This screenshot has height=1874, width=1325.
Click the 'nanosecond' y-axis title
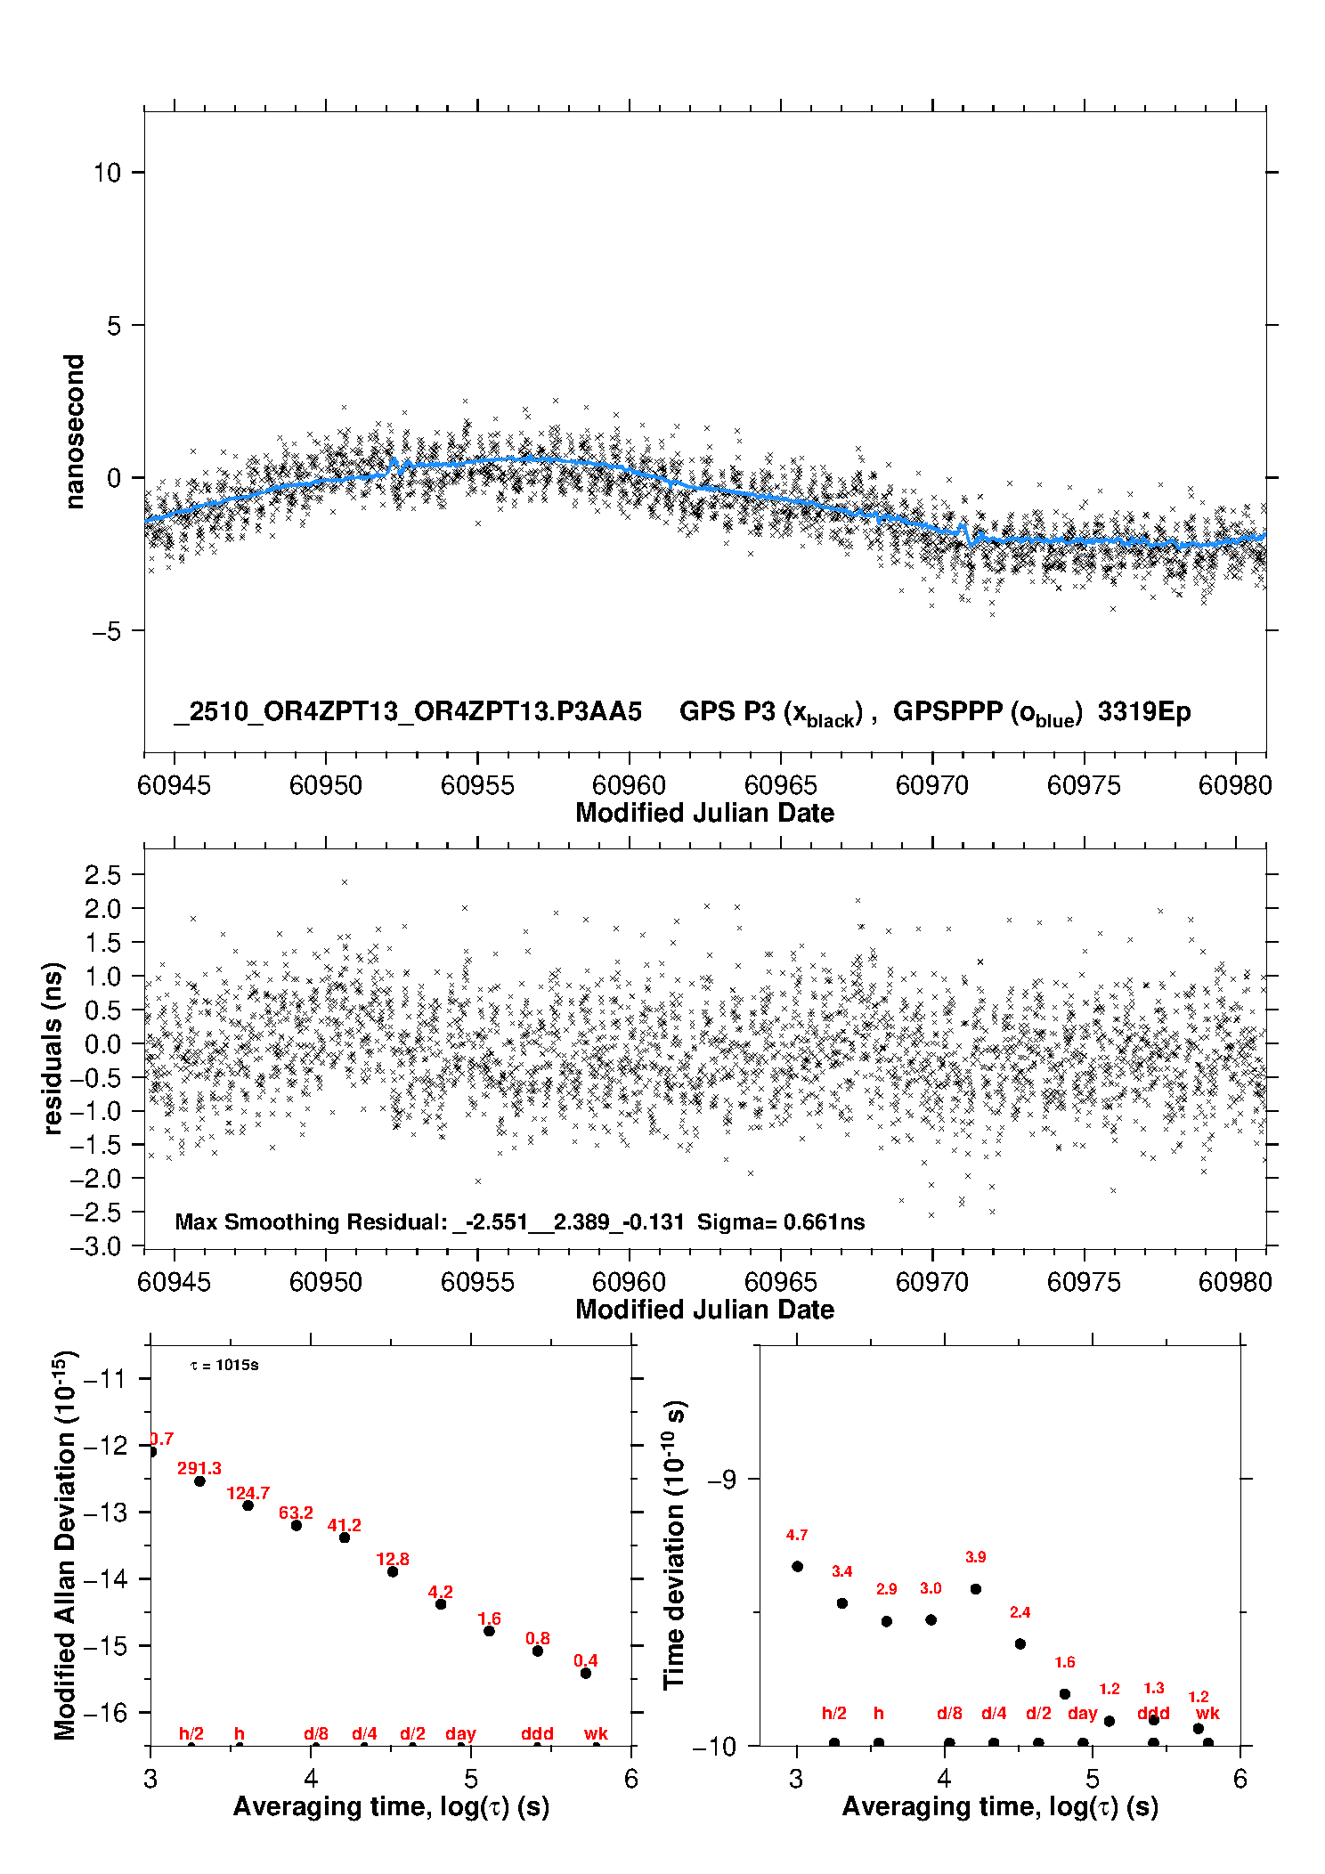tap(75, 432)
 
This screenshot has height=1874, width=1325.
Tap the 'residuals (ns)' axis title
tap(53, 1048)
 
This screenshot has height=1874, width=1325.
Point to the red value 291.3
tap(199, 1468)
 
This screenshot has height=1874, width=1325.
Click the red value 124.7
tap(248, 1493)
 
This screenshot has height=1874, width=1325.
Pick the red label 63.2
tap(296, 1513)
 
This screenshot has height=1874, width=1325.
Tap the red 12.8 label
tap(393, 1559)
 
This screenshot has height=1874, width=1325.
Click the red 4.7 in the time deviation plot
tap(797, 1535)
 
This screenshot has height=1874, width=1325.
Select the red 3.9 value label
tap(975, 1557)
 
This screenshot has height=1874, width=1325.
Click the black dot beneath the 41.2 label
tap(345, 1537)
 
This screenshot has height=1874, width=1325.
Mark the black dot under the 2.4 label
tap(1020, 1643)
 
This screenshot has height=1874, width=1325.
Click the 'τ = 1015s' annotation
tap(224, 1366)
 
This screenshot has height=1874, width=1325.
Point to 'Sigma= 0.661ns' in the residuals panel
tap(781, 1222)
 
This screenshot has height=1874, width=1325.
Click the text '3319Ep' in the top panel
tap(1144, 712)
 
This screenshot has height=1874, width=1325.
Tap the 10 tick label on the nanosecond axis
tap(108, 173)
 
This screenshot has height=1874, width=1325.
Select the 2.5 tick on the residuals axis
tap(103, 875)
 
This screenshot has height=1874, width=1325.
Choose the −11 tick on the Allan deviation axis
tap(104, 1379)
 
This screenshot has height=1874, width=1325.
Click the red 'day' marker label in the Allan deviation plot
tap(460, 1733)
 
